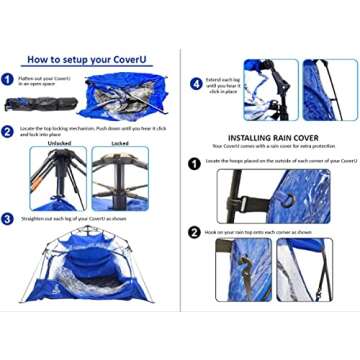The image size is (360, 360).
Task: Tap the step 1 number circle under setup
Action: pos(8,78)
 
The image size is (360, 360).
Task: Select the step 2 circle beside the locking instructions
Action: pos(8,130)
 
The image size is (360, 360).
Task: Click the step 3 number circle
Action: pos(8,218)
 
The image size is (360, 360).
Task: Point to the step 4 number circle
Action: pos(196,84)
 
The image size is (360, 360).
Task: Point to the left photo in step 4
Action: pos(271,90)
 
